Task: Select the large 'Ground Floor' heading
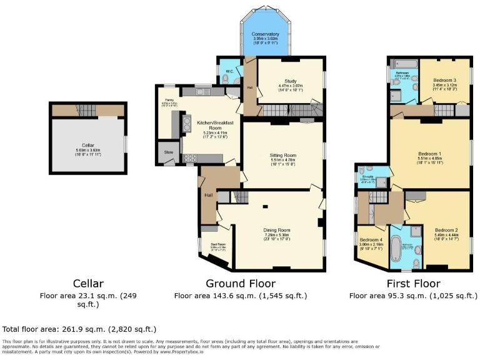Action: [240, 283]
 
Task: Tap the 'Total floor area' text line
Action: [79, 329]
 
